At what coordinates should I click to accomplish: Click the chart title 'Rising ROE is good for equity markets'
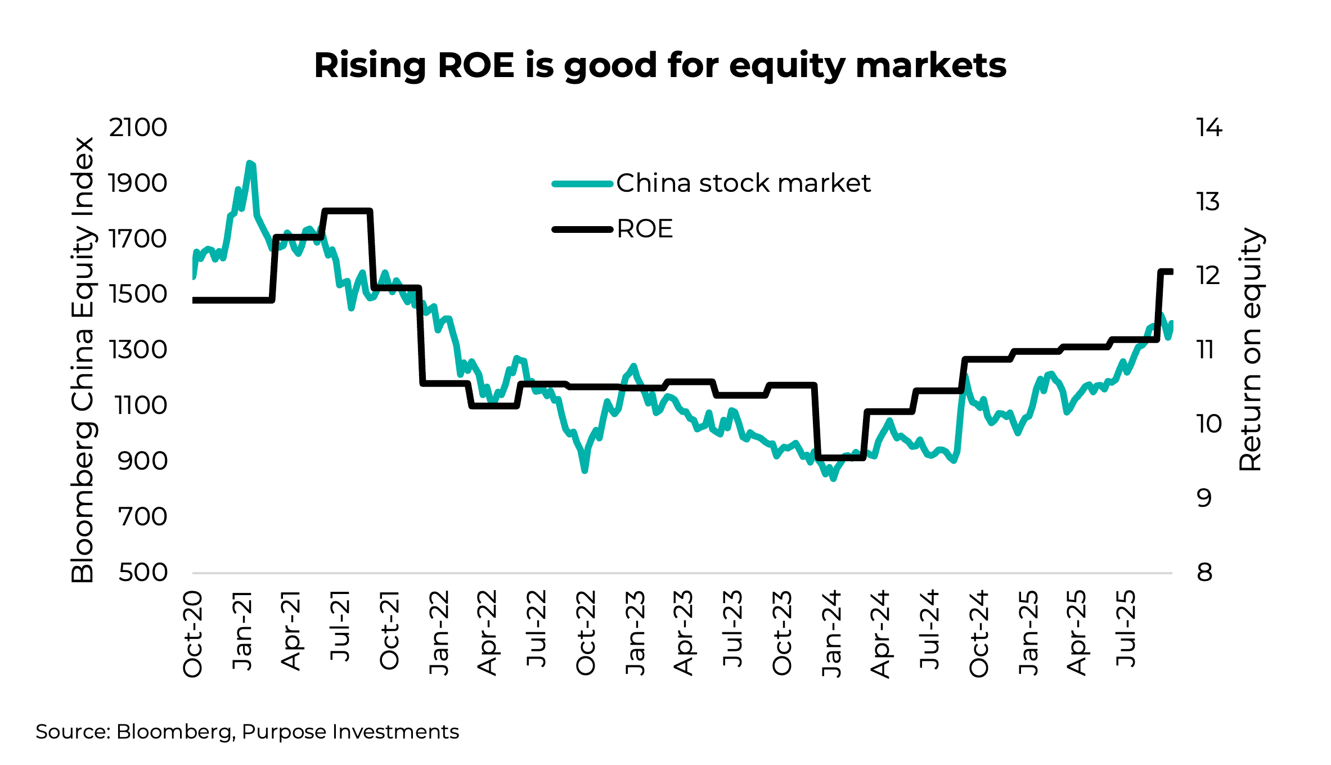[660, 65]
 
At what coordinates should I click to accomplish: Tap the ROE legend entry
[645, 229]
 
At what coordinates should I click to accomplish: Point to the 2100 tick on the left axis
[138, 128]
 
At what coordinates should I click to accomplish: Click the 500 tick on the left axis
[143, 573]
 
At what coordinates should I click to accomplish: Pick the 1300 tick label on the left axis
[138, 350]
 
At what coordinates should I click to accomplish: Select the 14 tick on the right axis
[1209, 128]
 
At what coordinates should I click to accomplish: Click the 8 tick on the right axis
[1204, 573]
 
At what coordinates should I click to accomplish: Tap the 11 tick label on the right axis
[1206, 350]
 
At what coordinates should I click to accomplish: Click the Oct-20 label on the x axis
[192, 633]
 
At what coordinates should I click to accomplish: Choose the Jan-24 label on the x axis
[831, 633]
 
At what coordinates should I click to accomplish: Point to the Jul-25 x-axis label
[1126, 629]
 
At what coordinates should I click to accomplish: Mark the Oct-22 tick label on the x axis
[586, 633]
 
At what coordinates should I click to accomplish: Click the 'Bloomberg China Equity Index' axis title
[83, 360]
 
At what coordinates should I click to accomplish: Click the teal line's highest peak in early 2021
[249, 163]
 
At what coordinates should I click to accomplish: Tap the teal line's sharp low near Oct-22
[584, 470]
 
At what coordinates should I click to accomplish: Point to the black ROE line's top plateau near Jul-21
[347, 211]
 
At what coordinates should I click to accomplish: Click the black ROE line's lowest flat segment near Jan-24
[841, 457]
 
